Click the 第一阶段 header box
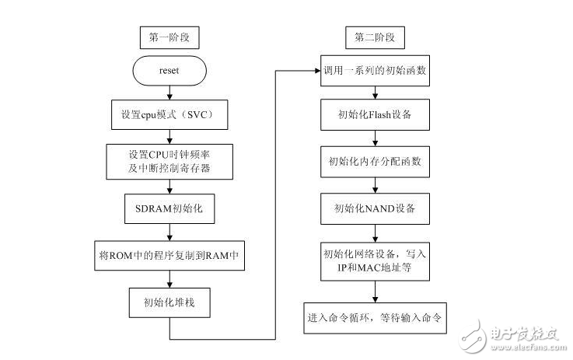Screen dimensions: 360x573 coord(169,37)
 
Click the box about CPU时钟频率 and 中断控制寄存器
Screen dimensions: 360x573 coord(169,159)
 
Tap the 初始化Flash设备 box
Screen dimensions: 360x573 coord(376,114)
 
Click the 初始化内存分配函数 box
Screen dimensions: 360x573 coord(376,162)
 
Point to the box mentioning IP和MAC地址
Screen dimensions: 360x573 coord(376,260)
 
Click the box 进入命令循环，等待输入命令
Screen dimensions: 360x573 coord(376,317)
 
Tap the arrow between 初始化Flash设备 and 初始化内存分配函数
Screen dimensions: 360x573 coord(376,138)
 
